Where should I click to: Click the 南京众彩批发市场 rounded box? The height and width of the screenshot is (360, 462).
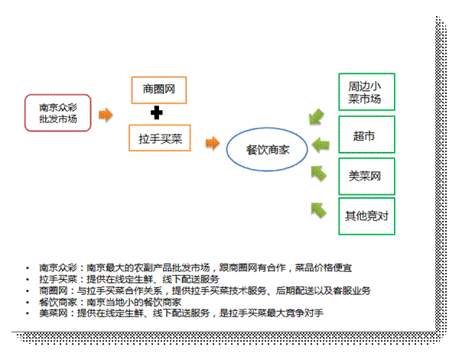[x=58, y=113]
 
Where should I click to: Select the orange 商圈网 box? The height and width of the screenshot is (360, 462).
[x=159, y=90]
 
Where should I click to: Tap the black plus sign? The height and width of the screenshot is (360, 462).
[x=157, y=112]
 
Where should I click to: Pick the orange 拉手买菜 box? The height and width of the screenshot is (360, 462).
[x=160, y=138]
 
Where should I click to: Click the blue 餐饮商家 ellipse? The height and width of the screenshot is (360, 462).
[x=267, y=149]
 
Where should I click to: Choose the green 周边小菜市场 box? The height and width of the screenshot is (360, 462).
[x=366, y=92]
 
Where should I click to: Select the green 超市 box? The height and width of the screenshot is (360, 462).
[x=366, y=135]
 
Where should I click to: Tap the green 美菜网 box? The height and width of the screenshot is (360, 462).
[x=366, y=177]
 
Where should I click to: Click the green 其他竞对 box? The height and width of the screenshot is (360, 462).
[x=366, y=216]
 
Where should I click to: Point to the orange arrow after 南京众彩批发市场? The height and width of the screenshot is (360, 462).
[x=106, y=115]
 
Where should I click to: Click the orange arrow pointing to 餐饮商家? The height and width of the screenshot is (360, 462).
[x=213, y=144]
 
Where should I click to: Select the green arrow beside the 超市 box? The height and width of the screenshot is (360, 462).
[x=320, y=145]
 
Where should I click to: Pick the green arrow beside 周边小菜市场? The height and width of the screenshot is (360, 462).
[x=317, y=117]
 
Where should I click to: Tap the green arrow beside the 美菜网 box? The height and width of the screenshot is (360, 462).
[x=319, y=174]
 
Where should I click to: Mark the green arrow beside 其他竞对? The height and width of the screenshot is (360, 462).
[x=318, y=210]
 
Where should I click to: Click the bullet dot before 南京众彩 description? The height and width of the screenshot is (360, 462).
[x=28, y=268]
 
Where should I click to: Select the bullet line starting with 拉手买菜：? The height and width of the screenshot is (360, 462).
[x=129, y=279]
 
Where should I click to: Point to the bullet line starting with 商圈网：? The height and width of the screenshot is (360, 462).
[x=205, y=290]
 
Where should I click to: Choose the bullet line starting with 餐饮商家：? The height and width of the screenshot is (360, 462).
[x=110, y=302]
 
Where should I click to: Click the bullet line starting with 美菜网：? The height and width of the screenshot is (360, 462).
[x=181, y=313]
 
